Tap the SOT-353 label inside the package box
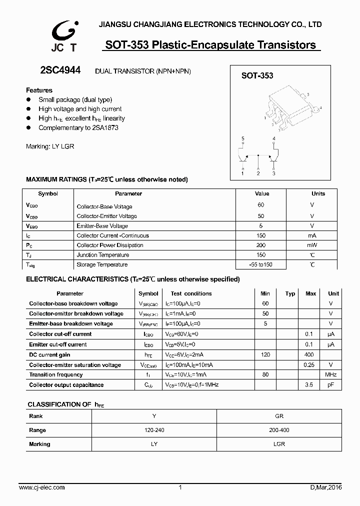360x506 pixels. [x=257, y=75]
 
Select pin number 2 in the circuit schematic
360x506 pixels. [x=258, y=173]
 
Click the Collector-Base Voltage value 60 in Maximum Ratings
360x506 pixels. [x=261, y=205]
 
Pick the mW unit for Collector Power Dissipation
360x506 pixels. [x=312, y=245]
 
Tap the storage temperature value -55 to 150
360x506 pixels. [x=261, y=264]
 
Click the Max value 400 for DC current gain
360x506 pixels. [x=310, y=354]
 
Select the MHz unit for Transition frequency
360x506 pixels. [x=330, y=374]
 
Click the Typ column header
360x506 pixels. [x=290, y=293]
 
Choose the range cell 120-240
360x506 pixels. [x=153, y=430]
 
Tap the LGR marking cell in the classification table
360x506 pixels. [x=279, y=444]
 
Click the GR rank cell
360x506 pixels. [x=279, y=416]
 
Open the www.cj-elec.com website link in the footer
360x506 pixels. [x=41, y=487]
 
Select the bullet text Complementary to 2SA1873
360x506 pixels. [x=78, y=128]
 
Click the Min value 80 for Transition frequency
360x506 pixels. [x=265, y=374]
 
